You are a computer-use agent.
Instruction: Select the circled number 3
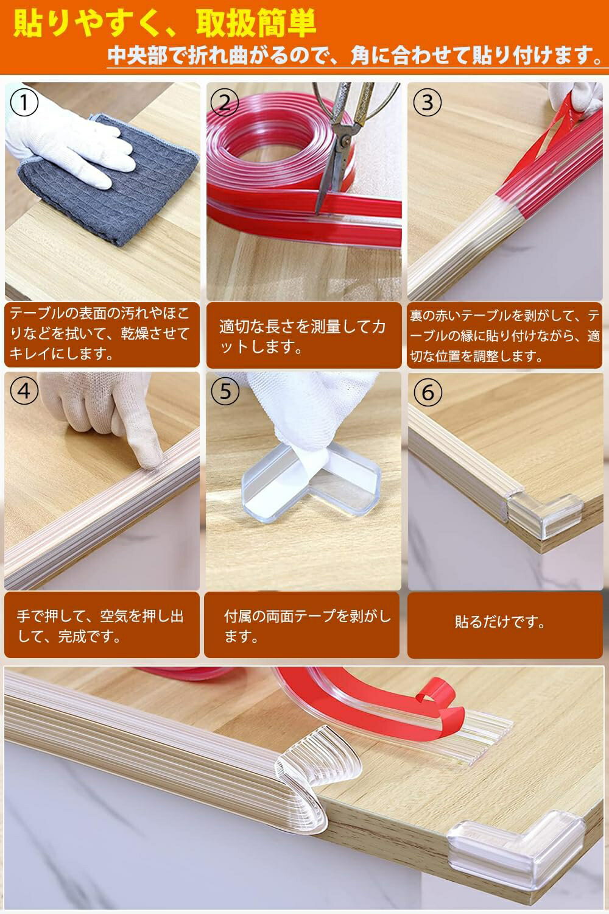427,102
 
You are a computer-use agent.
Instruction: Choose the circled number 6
428,392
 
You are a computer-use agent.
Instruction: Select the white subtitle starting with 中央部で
355,55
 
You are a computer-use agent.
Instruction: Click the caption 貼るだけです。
500,622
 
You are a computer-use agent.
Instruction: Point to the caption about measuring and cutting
302,336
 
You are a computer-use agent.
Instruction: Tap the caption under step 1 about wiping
100,334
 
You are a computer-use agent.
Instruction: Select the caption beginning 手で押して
100,626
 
